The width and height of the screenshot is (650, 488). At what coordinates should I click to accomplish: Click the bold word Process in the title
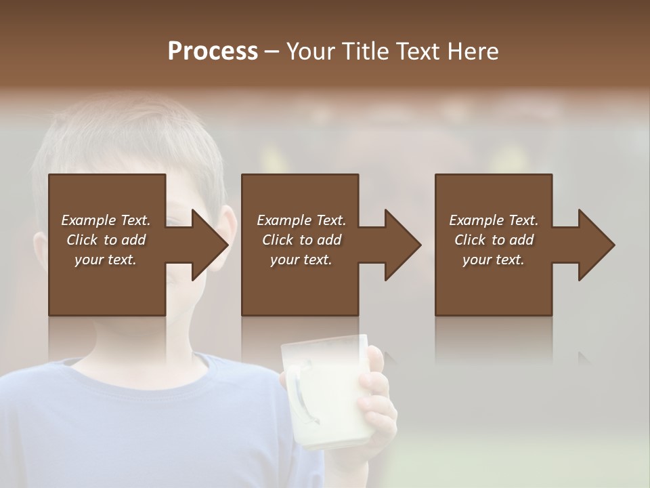[x=213, y=52]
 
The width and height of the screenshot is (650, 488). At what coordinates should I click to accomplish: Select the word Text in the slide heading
[x=417, y=52]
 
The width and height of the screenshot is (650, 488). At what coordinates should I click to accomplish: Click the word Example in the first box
[x=87, y=220]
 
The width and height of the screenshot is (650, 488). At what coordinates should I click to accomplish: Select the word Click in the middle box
[x=278, y=240]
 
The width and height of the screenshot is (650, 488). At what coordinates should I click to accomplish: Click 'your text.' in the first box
[x=106, y=260]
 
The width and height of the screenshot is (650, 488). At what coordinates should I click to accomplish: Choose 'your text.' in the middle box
[x=301, y=260]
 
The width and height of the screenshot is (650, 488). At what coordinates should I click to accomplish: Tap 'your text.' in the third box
[x=494, y=260]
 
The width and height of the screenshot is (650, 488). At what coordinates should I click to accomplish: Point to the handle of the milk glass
[x=301, y=400]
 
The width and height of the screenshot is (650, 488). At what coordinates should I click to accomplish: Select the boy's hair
[x=129, y=136]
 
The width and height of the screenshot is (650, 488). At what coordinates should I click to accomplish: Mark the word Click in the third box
[x=471, y=240]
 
